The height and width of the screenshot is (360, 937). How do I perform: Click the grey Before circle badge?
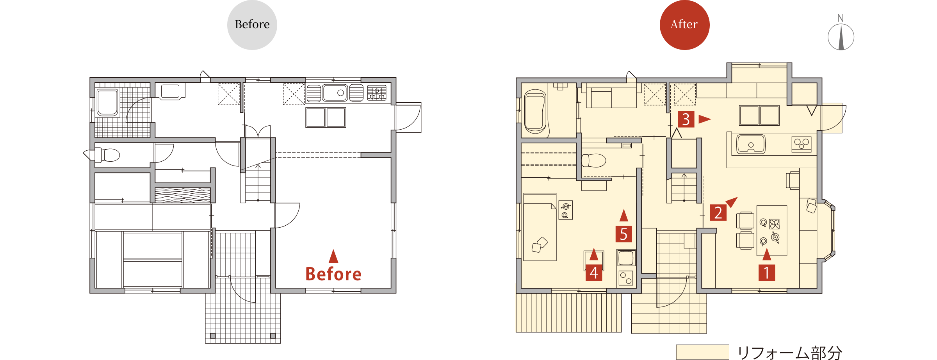(x=252, y=25)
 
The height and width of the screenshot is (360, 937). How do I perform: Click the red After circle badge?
(x=684, y=25)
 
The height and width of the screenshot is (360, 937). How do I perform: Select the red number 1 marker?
(x=766, y=273)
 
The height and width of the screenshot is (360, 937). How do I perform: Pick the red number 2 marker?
(x=718, y=213)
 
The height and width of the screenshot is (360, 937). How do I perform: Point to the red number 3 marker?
(x=686, y=119)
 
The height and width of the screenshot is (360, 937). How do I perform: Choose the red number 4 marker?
(x=593, y=273)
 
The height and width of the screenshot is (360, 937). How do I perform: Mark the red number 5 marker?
(x=623, y=234)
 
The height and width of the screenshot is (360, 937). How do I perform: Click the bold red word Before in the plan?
(x=333, y=274)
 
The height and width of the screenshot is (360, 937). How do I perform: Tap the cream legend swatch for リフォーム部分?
(x=703, y=352)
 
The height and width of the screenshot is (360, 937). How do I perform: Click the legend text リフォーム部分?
(x=789, y=353)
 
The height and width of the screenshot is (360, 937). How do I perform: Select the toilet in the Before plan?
(x=106, y=155)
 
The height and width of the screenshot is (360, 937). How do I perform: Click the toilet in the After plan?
(x=593, y=160)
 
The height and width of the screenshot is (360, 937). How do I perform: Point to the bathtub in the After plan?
(x=535, y=112)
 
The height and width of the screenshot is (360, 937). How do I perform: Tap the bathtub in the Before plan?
(x=107, y=103)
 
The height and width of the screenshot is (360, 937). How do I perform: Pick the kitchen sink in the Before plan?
(x=335, y=93)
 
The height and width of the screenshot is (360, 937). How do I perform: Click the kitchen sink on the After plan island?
(x=751, y=144)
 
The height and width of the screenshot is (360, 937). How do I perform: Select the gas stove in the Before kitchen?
(x=377, y=93)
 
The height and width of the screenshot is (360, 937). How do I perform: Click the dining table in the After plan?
(x=771, y=231)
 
